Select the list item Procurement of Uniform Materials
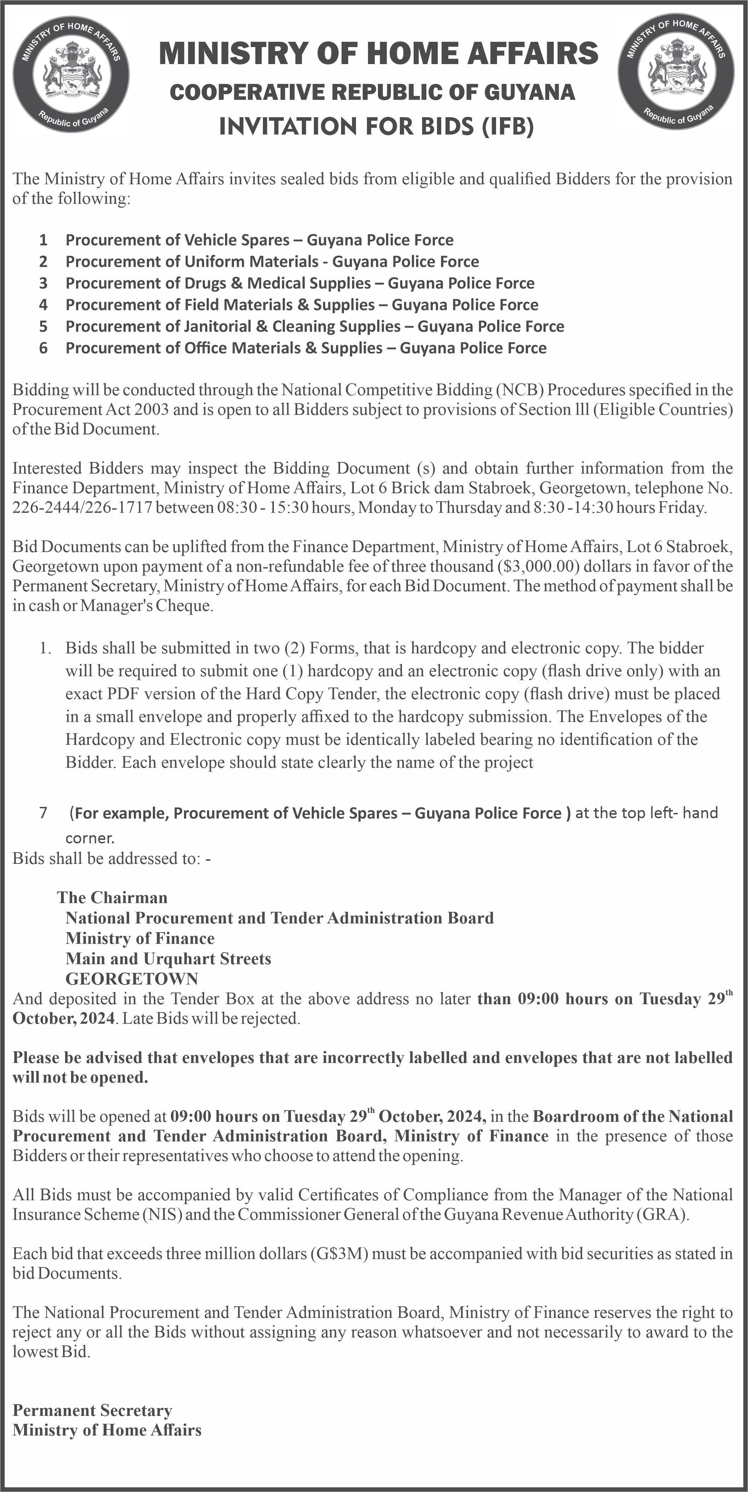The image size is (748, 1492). [272, 262]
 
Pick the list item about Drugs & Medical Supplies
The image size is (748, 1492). [300, 283]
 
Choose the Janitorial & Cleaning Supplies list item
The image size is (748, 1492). [314, 327]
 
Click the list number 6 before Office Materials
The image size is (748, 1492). [44, 348]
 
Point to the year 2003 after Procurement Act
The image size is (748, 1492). [150, 410]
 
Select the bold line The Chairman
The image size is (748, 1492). [112, 898]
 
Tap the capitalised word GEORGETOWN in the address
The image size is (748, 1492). [132, 979]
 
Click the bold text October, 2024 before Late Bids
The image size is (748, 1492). [64, 1018]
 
